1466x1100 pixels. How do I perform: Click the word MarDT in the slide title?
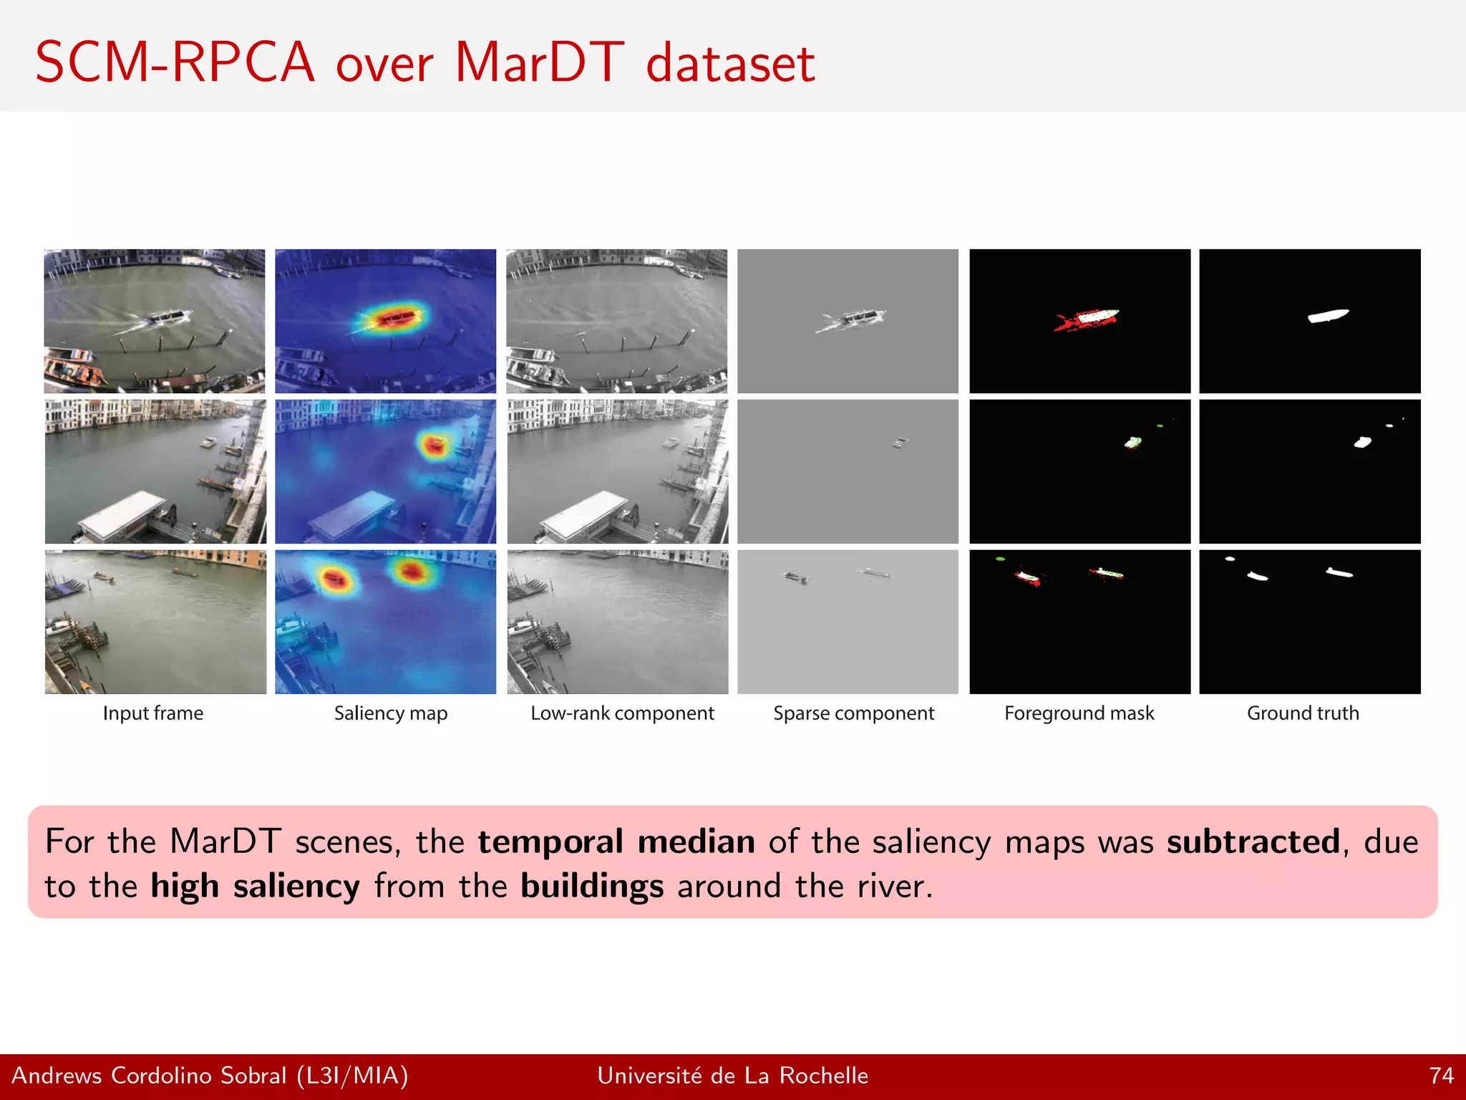pos(539,63)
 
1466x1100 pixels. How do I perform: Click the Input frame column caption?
pos(153,713)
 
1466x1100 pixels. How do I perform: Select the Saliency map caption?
pos(390,713)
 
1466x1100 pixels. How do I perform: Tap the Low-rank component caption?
pos(622,713)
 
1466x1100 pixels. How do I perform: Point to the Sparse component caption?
pos(853,713)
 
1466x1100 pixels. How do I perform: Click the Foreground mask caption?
pos(1079,713)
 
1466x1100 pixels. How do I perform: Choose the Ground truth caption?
pos(1302,713)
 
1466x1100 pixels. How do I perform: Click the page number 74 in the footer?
pos(1441,1076)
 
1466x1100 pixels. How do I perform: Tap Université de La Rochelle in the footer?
pos(732,1076)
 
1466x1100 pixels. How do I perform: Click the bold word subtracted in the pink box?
pos(1253,841)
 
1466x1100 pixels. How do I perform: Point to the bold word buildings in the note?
pos(591,887)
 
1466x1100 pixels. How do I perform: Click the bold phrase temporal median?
pos(616,841)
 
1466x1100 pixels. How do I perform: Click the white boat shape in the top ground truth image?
pos(1328,316)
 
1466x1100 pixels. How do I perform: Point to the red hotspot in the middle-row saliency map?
pos(434,446)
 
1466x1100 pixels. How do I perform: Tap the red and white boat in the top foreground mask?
pos(1092,317)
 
